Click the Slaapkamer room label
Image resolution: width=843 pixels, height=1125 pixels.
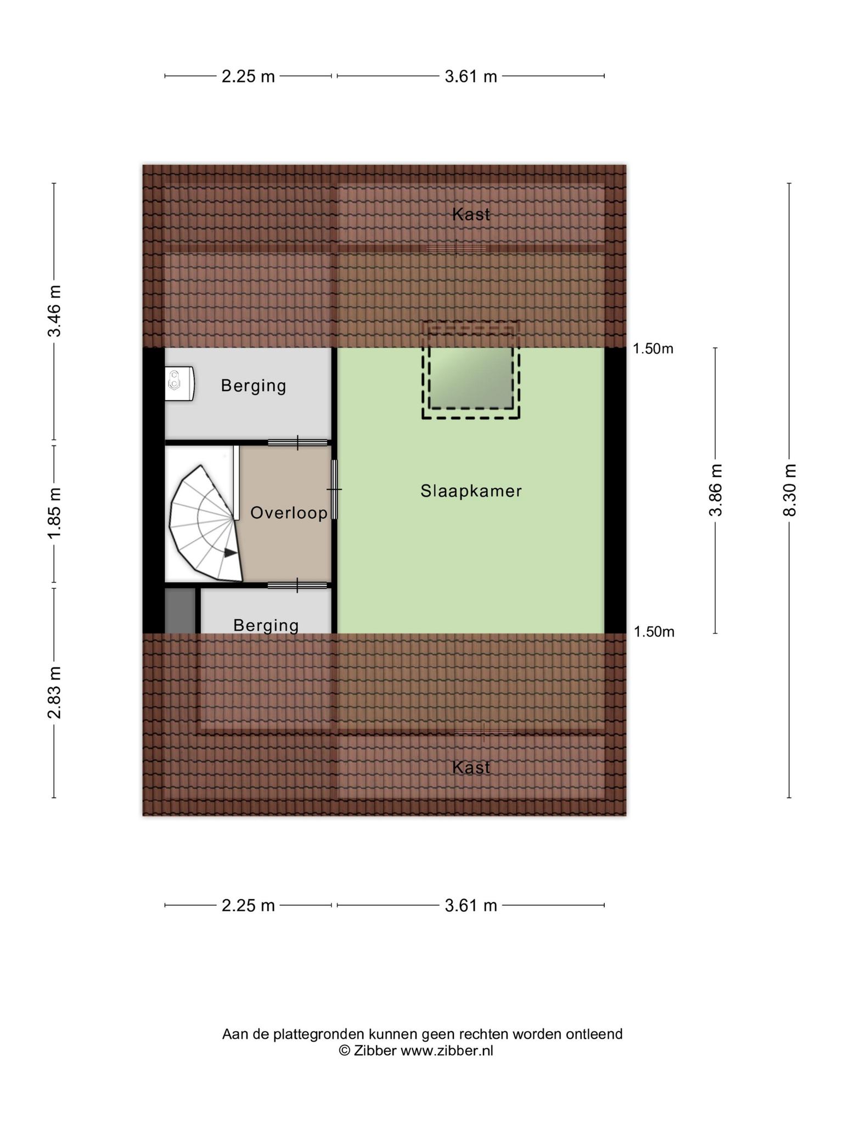coord(471,491)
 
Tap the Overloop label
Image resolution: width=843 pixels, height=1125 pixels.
coord(289,513)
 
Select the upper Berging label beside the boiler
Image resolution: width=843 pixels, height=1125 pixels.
coord(254,386)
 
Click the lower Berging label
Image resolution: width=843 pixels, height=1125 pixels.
coord(266,625)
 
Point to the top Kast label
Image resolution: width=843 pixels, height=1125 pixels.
coord(471,214)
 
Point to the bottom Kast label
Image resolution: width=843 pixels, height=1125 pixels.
coord(471,767)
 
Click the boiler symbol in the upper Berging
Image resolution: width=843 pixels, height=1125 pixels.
coord(179,383)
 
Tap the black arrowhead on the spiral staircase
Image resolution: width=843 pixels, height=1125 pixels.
coord(231,553)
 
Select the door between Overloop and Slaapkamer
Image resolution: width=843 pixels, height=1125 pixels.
coord(334,489)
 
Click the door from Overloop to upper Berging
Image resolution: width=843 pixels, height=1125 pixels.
coord(298,442)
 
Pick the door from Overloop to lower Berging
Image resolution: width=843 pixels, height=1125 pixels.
coord(297,586)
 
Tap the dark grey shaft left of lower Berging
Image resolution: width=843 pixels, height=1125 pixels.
coord(181,611)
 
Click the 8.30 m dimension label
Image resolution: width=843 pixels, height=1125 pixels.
coord(789,490)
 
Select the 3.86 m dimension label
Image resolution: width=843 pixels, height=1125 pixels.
coord(715,490)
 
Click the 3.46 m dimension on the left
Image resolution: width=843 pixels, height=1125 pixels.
coord(54,311)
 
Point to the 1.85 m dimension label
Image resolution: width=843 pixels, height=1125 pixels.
coord(54,513)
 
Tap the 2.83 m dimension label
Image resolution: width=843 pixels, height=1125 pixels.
coord(54,692)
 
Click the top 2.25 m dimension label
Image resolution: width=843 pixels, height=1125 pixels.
coord(248,76)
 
